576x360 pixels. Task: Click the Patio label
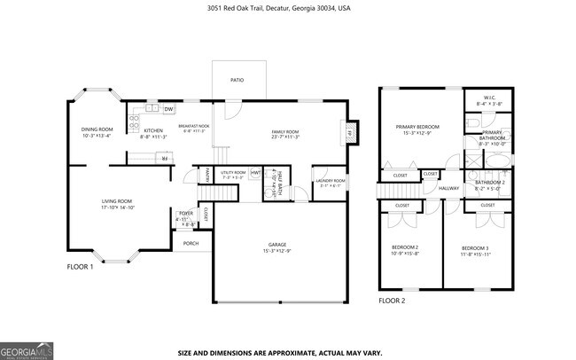click(x=238, y=80)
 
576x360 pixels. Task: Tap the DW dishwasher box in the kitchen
click(x=168, y=109)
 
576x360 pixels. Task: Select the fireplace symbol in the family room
click(x=349, y=132)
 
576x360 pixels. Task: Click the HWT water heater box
click(x=255, y=172)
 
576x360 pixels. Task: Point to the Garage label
click(x=277, y=244)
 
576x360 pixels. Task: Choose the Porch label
click(x=191, y=243)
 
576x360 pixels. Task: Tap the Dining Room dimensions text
click(x=98, y=137)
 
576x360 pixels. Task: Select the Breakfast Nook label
click(x=193, y=126)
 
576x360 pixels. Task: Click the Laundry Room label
click(x=331, y=181)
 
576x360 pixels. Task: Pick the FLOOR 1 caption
click(x=80, y=266)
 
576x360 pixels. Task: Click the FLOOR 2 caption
click(x=391, y=301)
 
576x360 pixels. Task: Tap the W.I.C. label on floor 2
click(x=488, y=97)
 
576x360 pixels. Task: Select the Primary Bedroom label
click(x=416, y=127)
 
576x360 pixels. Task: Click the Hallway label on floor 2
click(x=448, y=188)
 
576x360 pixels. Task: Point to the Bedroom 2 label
click(x=405, y=247)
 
